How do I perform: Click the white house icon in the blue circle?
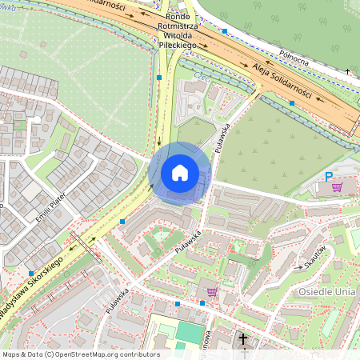[180, 173]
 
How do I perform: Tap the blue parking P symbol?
[327, 177]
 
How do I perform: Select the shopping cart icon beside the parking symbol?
[338, 187]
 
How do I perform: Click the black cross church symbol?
[243, 339]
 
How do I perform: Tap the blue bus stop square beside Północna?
[225, 31]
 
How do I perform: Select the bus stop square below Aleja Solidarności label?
[292, 103]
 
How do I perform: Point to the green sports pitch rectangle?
[190, 331]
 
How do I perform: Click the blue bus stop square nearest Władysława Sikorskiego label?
[30, 274]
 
